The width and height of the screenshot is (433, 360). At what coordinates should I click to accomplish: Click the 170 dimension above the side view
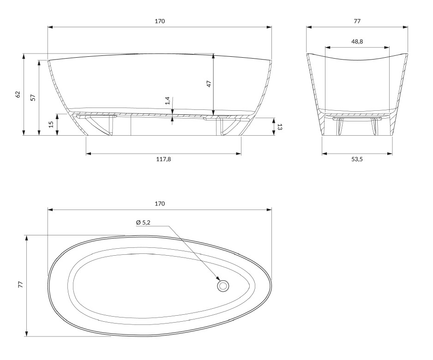[x=160, y=21]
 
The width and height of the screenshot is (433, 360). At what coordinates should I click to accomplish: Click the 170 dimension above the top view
[x=160, y=204]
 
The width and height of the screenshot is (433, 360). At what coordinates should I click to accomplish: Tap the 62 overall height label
[x=18, y=94]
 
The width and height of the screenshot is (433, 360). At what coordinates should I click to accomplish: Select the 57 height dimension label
[x=33, y=97]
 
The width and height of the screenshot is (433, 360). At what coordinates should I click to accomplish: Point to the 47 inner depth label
[x=209, y=84]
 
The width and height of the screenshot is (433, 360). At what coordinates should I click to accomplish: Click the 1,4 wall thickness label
[x=168, y=101]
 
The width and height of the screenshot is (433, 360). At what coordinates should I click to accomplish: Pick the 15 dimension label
[x=51, y=125]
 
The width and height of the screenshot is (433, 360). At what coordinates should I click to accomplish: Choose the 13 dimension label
[x=279, y=127]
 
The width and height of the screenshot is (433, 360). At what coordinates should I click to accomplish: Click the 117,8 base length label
[x=163, y=159]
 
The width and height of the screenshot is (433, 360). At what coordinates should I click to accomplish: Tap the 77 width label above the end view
[x=357, y=21]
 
